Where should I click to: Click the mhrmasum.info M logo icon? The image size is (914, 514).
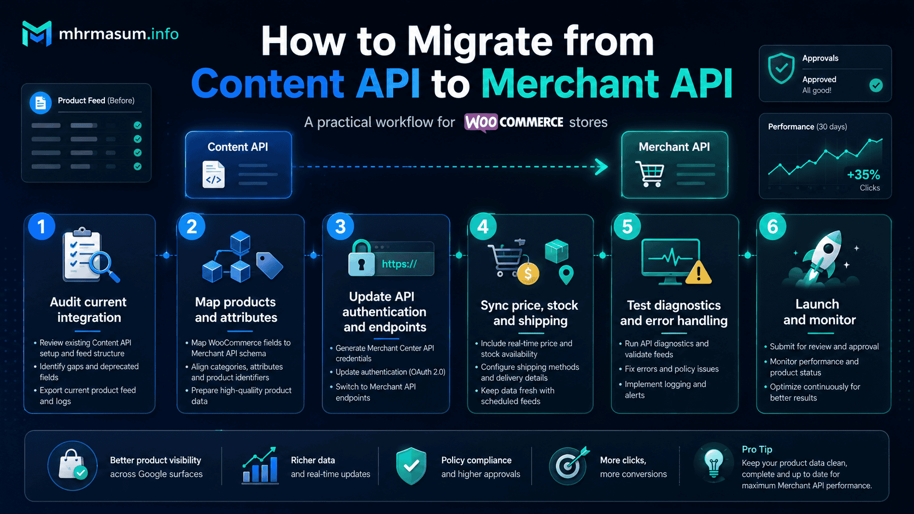pos(37,33)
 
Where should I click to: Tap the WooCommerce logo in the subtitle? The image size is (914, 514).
pos(514,122)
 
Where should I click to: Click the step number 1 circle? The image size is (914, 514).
pos(42,226)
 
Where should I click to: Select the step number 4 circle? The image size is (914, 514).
pos(483,226)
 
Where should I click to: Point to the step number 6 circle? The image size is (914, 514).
pos(772,226)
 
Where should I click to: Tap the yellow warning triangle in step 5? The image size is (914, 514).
pos(699,272)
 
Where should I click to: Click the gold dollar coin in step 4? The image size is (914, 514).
pos(528,274)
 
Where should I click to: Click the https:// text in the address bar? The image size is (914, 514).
pos(399,264)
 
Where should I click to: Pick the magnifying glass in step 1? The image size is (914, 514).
pos(103,265)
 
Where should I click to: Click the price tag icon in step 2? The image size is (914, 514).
pos(269,265)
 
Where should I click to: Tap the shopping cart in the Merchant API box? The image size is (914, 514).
pos(650,174)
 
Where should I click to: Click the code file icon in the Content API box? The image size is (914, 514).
pos(213,174)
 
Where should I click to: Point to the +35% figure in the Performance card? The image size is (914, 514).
pos(863,175)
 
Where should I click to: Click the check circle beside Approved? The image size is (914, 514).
pos(876,85)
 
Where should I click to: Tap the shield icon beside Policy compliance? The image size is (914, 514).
pos(411,465)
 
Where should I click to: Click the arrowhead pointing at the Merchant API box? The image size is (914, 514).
pos(601,167)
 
